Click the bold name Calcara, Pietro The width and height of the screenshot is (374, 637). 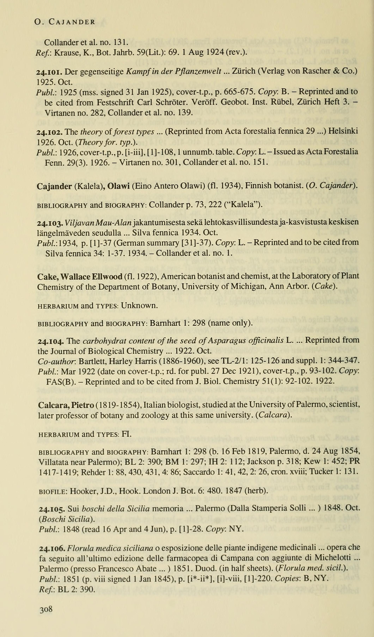pos(66,405)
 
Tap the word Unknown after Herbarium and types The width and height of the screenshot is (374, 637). pos(139,306)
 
